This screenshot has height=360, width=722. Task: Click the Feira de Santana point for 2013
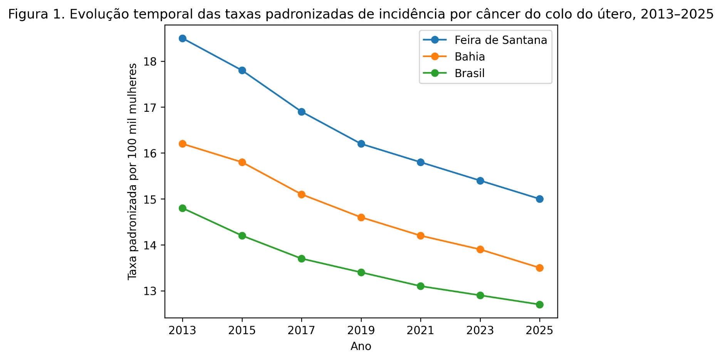tap(183, 39)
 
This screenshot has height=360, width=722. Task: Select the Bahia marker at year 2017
tap(302, 194)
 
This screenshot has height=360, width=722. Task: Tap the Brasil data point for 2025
tap(539, 304)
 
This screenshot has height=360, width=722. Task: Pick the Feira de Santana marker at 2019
tap(361, 144)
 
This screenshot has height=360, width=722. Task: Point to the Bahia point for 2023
tap(480, 249)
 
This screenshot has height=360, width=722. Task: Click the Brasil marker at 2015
tap(242, 236)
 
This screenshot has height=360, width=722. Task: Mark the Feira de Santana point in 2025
tap(539, 199)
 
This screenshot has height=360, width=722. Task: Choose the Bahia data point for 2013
tap(183, 144)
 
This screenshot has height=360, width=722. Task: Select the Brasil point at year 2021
tap(420, 286)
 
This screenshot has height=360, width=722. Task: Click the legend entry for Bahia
tap(469, 57)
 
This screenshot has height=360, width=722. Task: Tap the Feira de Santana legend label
tap(500, 40)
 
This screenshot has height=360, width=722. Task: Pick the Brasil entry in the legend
tap(469, 73)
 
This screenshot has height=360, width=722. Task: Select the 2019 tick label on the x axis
tap(361, 331)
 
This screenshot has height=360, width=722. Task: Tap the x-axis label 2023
tap(480, 331)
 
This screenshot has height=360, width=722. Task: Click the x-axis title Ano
tap(361, 347)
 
